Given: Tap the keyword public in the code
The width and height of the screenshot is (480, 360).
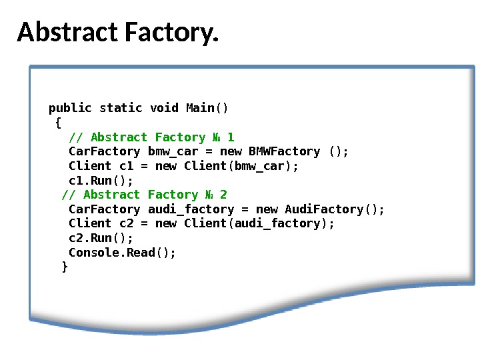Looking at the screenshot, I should coord(70,108).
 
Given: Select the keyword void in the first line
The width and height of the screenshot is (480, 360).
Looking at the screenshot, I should coord(164,108).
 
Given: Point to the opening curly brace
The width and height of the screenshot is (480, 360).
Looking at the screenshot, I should coord(58,123).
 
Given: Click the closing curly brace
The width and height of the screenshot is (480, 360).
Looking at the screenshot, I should coord(65,267).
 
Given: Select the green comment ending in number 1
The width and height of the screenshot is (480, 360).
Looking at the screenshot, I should coord(151,137).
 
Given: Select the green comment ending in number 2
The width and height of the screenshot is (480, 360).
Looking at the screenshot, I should coord(145,195).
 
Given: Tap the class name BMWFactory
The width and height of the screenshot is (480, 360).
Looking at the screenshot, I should coord(284,151).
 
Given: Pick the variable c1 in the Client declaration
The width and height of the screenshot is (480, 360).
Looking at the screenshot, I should coord(126,166).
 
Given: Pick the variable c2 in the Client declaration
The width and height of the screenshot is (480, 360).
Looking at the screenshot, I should coord(126,223).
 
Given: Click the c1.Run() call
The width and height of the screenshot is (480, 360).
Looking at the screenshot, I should coord(101,181).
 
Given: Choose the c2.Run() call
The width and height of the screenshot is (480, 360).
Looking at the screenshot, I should coord(101,238).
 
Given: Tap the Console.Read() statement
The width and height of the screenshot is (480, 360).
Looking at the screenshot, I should coord(123,253).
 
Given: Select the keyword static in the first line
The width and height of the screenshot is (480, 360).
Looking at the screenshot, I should coord(121,108).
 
